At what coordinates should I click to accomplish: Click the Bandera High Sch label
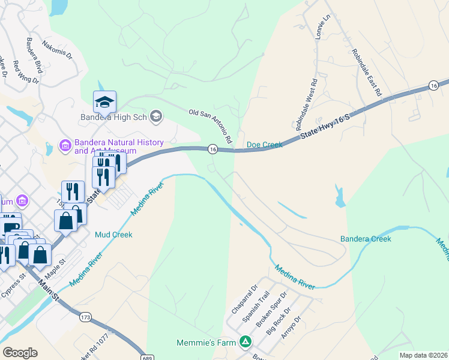tap(113, 117)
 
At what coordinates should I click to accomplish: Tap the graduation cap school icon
tap(104, 102)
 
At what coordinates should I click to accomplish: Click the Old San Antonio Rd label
tap(210, 125)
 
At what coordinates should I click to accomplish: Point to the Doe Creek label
tap(264, 145)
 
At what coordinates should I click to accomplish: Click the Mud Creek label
tap(113, 235)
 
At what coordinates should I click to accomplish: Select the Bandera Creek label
tap(366, 239)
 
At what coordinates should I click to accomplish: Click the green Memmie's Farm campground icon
tap(245, 342)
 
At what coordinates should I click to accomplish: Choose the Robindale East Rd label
tap(367, 73)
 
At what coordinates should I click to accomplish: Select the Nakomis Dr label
tap(57, 50)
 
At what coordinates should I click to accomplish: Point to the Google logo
tap(20, 352)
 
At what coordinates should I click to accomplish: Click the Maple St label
tap(62, 263)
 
